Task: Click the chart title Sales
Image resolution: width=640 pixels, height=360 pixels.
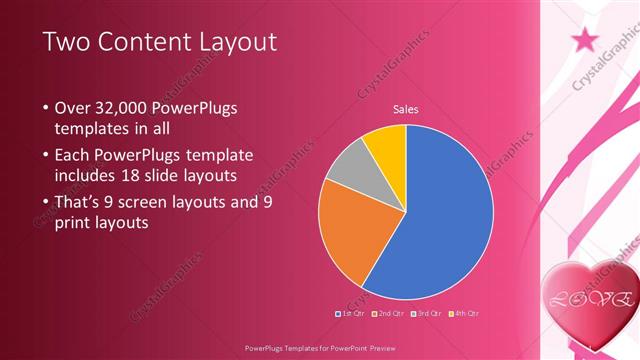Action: [405, 109]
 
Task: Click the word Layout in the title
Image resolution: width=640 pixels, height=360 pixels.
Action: [236, 42]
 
